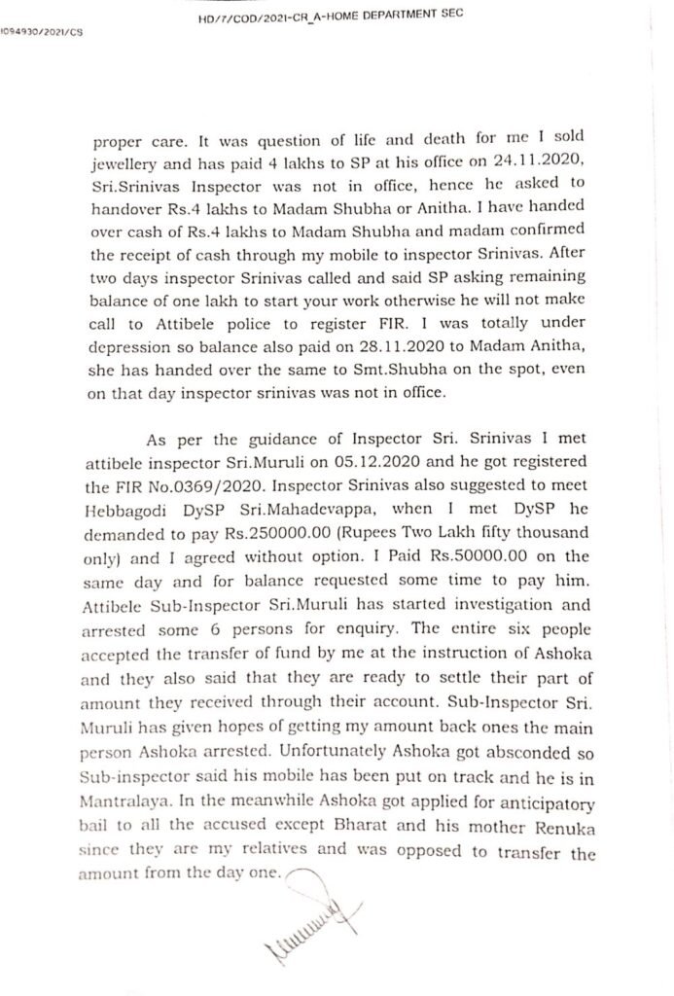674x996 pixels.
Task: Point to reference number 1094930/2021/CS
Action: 42,30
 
